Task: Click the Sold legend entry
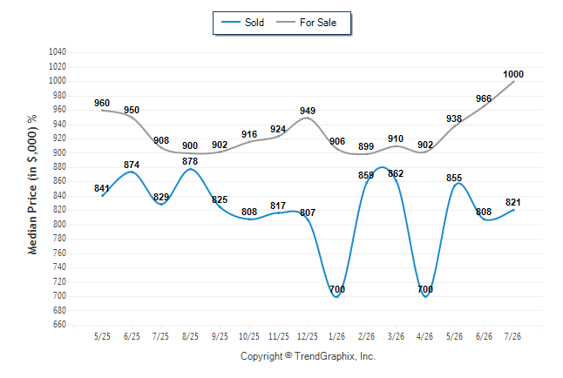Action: pos(243,23)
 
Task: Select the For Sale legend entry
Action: pos(306,23)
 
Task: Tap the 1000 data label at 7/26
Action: pos(513,74)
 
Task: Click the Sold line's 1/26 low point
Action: pos(336,296)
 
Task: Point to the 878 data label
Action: pos(190,161)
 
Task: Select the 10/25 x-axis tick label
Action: pos(249,336)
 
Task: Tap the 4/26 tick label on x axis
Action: pos(424,336)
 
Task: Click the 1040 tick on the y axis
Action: pos(58,52)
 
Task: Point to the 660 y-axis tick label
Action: pos(59,325)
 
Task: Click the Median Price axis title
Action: pos(32,185)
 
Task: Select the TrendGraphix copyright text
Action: pos(308,356)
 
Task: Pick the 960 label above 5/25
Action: pos(102,103)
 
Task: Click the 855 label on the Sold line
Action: pos(454,178)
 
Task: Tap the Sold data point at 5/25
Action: pos(102,196)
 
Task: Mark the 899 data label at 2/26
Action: pos(366,146)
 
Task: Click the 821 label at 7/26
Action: pos(512,202)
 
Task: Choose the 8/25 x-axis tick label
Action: pos(190,336)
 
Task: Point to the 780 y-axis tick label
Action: pos(59,239)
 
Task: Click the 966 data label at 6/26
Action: pos(484,98)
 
